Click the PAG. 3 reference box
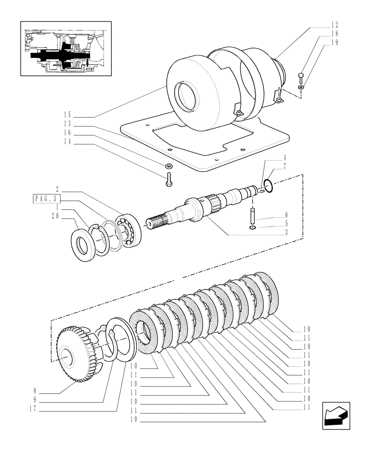46,198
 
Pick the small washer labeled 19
301,86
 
